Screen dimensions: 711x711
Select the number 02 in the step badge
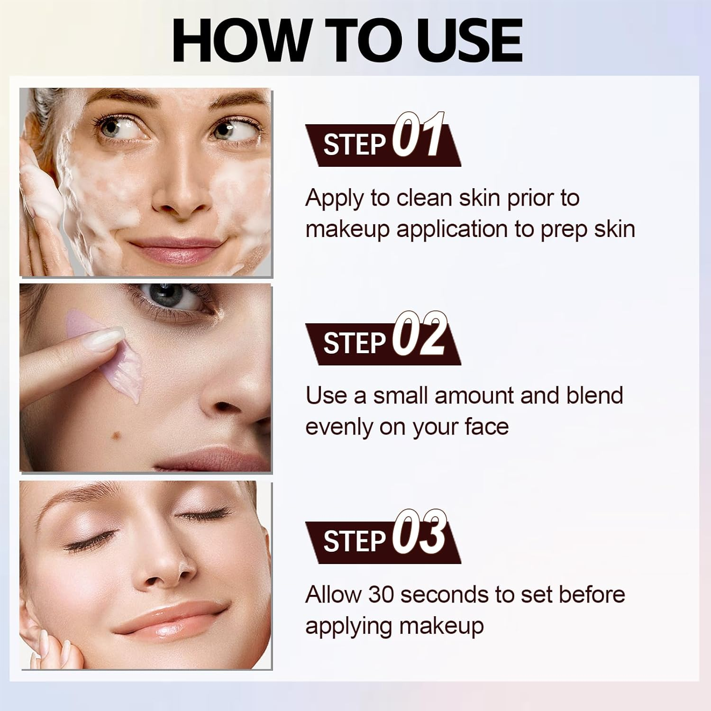tap(419, 335)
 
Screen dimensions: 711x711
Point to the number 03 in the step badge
tap(419, 533)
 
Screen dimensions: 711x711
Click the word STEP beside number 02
tap(354, 343)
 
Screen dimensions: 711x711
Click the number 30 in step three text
tap(381, 594)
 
